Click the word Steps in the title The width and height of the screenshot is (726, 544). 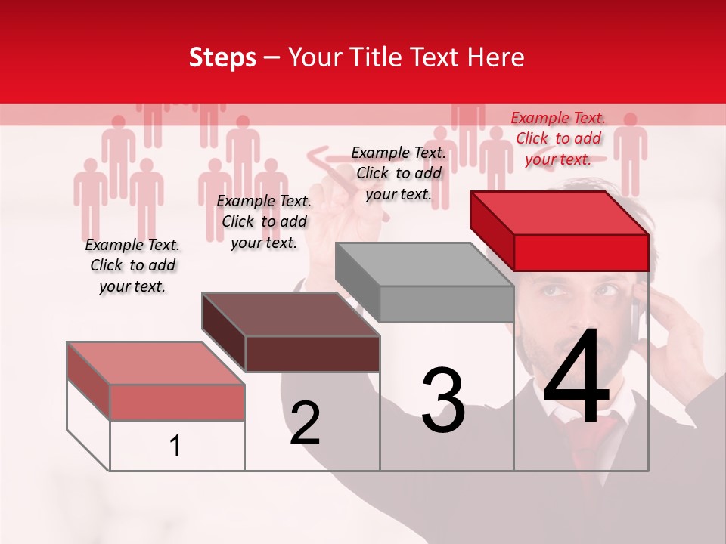point(222,57)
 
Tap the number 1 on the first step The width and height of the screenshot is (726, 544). point(175,447)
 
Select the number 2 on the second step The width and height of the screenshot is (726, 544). point(305,422)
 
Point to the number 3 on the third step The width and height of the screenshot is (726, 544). point(443,400)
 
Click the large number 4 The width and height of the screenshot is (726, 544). point(577,378)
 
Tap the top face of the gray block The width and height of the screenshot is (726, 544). point(424,264)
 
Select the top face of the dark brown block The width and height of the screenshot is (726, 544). point(290,314)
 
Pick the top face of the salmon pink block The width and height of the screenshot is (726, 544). point(156,363)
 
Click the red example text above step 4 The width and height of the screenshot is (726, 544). point(558,138)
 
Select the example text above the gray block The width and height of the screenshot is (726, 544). point(399,173)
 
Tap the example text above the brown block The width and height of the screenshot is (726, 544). point(264,221)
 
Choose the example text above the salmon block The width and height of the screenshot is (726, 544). point(132,265)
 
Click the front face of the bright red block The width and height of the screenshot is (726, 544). point(581,252)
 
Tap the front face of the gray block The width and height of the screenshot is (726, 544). point(446,304)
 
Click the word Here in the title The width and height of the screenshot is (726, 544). point(497,57)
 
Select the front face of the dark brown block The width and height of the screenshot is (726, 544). point(312,354)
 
